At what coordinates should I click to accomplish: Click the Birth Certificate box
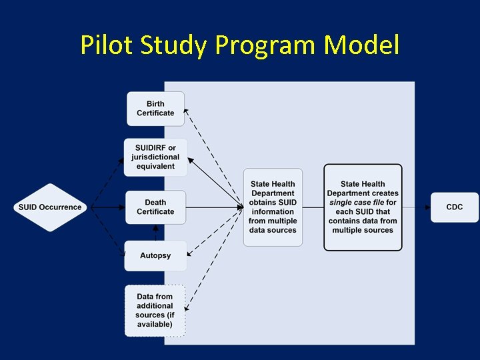tap(155, 109)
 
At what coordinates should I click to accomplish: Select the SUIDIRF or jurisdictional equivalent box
tap(155, 157)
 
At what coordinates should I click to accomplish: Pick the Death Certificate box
tap(155, 207)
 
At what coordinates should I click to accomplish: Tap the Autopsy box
tap(155, 255)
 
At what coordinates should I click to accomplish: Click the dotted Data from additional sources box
tap(155, 311)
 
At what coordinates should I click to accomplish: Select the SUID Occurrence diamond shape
tap(50, 207)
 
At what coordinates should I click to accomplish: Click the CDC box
tap(454, 207)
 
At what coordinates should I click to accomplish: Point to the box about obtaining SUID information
tap(272, 207)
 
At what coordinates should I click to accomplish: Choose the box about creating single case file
tap(363, 207)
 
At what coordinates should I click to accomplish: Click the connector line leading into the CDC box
tap(417, 207)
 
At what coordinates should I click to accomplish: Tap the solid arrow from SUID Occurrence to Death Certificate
tap(107, 207)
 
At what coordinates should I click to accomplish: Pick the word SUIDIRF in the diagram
tap(149, 148)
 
